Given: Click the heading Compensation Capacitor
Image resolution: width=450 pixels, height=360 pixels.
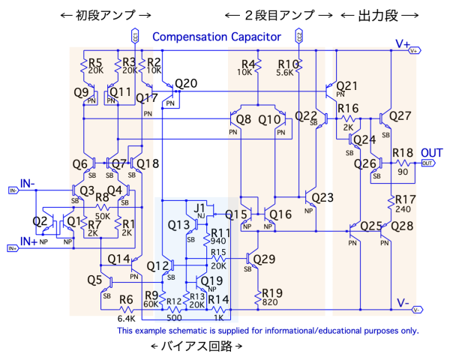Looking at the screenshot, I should [216, 36].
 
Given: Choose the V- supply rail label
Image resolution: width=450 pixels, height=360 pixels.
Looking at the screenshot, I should [403, 303].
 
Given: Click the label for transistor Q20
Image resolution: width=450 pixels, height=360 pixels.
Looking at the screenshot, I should [186, 83].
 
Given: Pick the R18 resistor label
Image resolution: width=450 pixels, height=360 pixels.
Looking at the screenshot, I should [403, 152].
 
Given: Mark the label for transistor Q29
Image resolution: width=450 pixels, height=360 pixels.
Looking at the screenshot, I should [265, 259].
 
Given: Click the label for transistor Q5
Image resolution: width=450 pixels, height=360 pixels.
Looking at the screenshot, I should [94, 280].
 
